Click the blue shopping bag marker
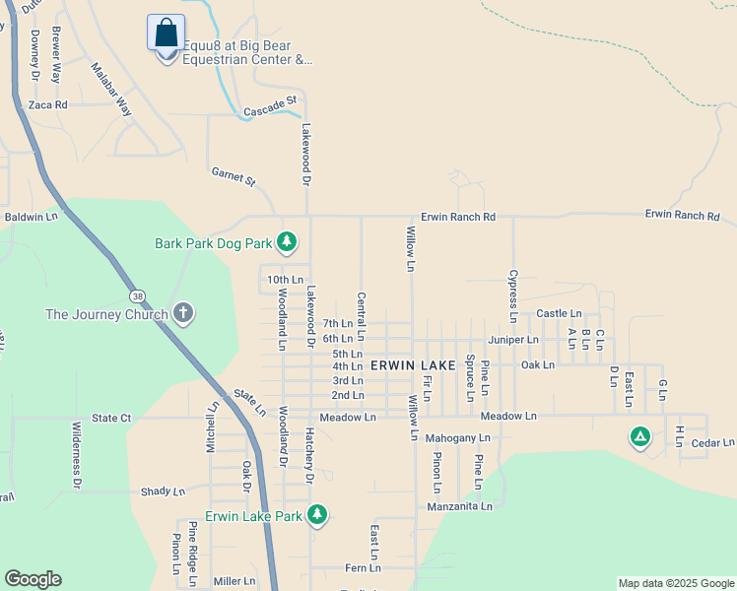tap(166, 33)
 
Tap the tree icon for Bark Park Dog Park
tap(286, 241)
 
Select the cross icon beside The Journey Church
tap(182, 314)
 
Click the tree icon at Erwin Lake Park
tap(316, 514)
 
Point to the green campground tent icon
tap(640, 436)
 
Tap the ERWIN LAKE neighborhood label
tap(413, 365)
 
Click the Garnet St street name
tap(234, 177)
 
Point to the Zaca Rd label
tap(47, 104)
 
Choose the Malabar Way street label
tap(111, 91)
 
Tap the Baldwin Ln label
tap(32, 216)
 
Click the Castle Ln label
tap(559, 314)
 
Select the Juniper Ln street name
tap(513, 340)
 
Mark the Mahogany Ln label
tap(457, 437)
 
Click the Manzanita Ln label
tap(459, 506)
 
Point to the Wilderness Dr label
tap(77, 455)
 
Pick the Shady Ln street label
tap(163, 492)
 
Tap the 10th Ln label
tap(286, 280)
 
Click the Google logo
tap(33, 579)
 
